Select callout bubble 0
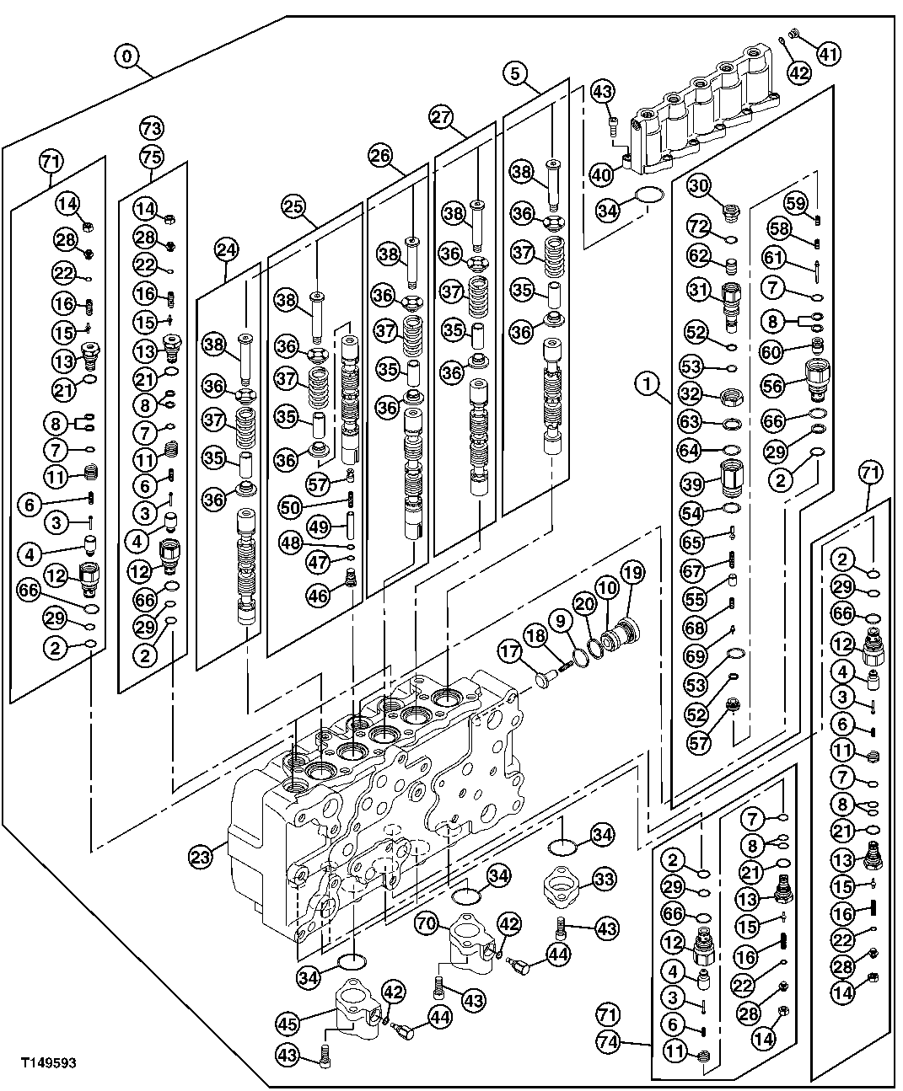point(126,56)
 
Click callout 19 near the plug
point(632,573)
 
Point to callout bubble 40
point(600,174)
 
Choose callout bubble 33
point(602,880)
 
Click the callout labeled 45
point(288,1024)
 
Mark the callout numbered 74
point(608,1043)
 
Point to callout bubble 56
point(773,385)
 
